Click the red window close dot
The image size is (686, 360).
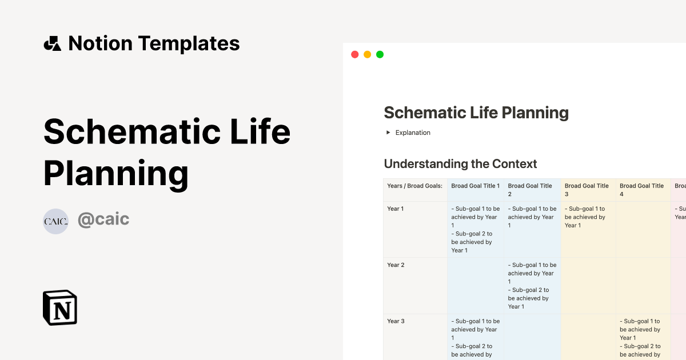pos(354,55)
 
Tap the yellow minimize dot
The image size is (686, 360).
pos(367,55)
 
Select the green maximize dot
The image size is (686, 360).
pos(380,55)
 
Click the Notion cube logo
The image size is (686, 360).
pos(60,308)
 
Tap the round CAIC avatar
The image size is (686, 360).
pos(55,221)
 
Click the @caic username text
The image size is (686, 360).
pos(103,219)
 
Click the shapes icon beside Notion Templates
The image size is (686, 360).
pos(53,43)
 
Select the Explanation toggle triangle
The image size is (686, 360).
pos(389,133)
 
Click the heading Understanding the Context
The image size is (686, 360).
pos(460,164)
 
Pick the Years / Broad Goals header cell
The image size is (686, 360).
pos(414,186)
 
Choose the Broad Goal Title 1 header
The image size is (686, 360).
pos(475,186)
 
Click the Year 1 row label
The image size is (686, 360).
pos(396,209)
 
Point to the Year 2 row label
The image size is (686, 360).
pos(396,265)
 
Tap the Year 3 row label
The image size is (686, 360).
pos(396,321)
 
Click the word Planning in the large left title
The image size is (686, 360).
pos(116,173)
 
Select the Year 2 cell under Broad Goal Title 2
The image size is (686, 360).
pos(532,285)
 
